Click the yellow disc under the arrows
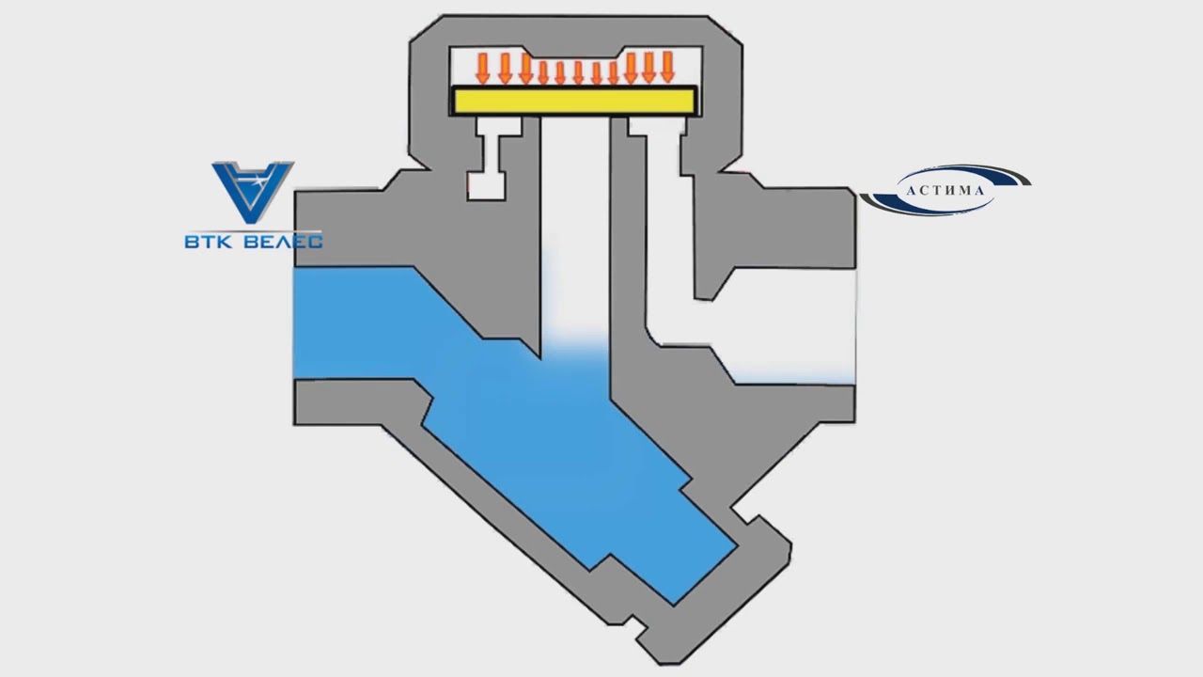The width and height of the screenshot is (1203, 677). coord(573,101)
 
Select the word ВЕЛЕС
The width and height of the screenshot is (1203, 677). coord(282,242)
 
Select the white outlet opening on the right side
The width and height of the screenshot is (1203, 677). coord(799,324)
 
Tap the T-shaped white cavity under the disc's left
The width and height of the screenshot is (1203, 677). coord(490,160)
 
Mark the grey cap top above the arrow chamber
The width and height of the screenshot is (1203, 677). coord(573,28)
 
